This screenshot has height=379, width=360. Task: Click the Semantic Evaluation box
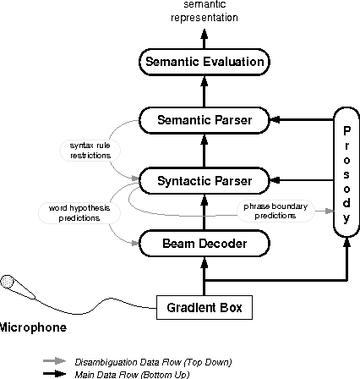(204, 62)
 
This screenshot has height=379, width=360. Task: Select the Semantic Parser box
(204, 120)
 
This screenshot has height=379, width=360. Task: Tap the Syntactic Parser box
(204, 179)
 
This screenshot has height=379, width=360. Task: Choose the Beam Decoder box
(204, 244)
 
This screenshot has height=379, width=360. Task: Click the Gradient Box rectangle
(205, 305)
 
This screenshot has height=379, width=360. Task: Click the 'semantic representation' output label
(204, 10)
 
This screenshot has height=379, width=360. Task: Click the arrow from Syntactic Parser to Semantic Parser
(204, 151)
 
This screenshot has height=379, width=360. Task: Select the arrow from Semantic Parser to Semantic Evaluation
(204, 91)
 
